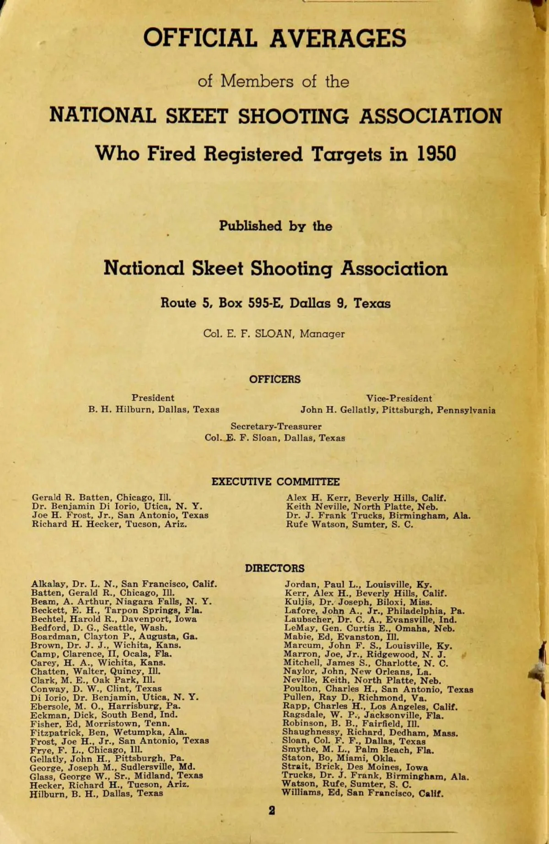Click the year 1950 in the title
tap(436, 154)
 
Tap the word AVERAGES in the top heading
tap(337, 38)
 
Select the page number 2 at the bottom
tap(272, 811)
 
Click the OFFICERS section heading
tap(274, 379)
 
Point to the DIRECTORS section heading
tap(274, 568)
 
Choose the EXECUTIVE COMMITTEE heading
tap(275, 482)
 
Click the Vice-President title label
tap(398, 398)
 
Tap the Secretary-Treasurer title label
tap(276, 426)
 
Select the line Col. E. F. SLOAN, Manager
tap(274, 334)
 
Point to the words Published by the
tap(275, 226)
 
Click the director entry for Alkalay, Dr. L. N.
tap(124, 584)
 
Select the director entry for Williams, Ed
tap(362, 793)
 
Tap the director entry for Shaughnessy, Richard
tap(370, 733)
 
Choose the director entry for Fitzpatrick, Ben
tap(108, 732)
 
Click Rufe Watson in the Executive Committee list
tap(350, 524)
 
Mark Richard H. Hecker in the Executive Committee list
tap(109, 524)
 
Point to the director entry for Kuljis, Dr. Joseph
tap(358, 602)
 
